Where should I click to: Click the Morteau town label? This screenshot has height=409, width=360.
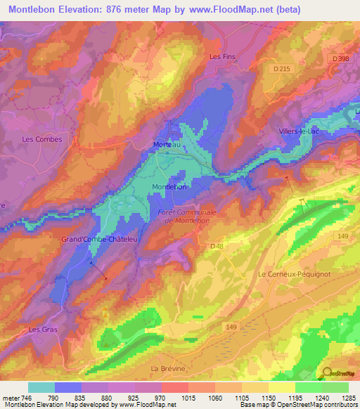167,145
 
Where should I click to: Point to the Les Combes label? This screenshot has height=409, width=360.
42,139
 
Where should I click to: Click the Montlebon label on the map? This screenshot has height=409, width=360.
169,187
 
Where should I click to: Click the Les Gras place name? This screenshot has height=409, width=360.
41,329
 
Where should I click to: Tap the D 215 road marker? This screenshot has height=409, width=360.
281,68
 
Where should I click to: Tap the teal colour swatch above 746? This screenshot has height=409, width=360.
41,387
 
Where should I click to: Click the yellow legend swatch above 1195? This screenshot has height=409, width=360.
281,387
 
